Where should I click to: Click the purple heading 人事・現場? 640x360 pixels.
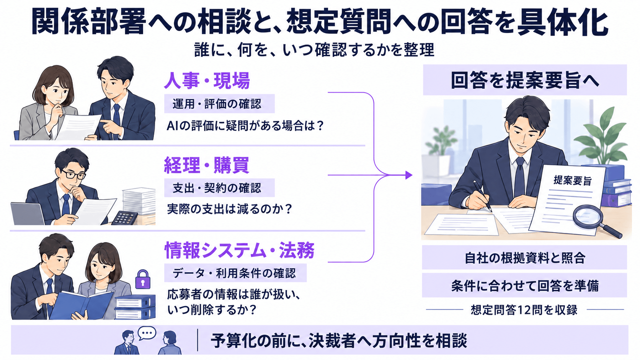coord(207,81)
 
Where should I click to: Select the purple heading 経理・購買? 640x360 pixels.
coord(207,165)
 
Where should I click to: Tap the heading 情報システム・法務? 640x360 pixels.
coord(240,250)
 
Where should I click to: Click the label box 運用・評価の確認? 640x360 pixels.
coord(219,104)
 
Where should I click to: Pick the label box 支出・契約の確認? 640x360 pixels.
coord(219,188)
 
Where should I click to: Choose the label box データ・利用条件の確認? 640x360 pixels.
coord(235,273)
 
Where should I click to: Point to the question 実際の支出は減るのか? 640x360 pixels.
coord(229,209)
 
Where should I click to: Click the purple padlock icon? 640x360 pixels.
coord(142,280)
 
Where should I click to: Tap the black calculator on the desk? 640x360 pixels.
coord(124,218)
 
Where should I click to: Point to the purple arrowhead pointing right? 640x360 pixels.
coord(409,175)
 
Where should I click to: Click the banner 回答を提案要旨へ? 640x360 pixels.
coord(525,80)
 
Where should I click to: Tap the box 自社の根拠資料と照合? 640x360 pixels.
coord(524,257)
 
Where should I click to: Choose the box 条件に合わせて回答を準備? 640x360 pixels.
coord(524,285)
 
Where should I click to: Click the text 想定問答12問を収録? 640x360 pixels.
coord(524,310)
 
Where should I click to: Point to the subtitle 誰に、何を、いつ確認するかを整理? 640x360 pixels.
coord(314,50)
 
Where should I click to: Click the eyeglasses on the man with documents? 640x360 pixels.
coord(73,174)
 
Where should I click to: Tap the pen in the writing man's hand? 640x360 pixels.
coord(482,196)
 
